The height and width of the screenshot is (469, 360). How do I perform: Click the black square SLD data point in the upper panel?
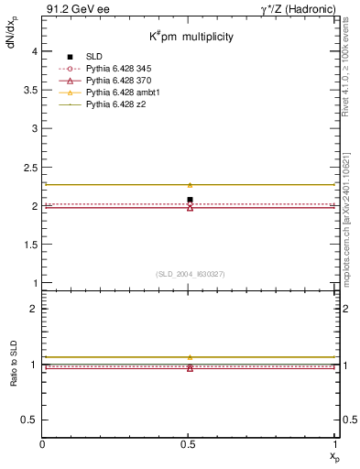point(190,200)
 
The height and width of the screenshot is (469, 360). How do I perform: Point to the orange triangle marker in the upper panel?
point(190,185)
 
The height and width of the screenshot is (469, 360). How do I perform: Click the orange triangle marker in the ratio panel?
point(190,357)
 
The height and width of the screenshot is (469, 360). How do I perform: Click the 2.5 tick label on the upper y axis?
point(30,168)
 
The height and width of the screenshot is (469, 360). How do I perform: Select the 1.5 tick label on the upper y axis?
point(30,245)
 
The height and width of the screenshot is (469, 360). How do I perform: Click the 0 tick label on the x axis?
point(43,444)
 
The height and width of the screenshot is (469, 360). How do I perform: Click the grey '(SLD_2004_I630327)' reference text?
point(190,274)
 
